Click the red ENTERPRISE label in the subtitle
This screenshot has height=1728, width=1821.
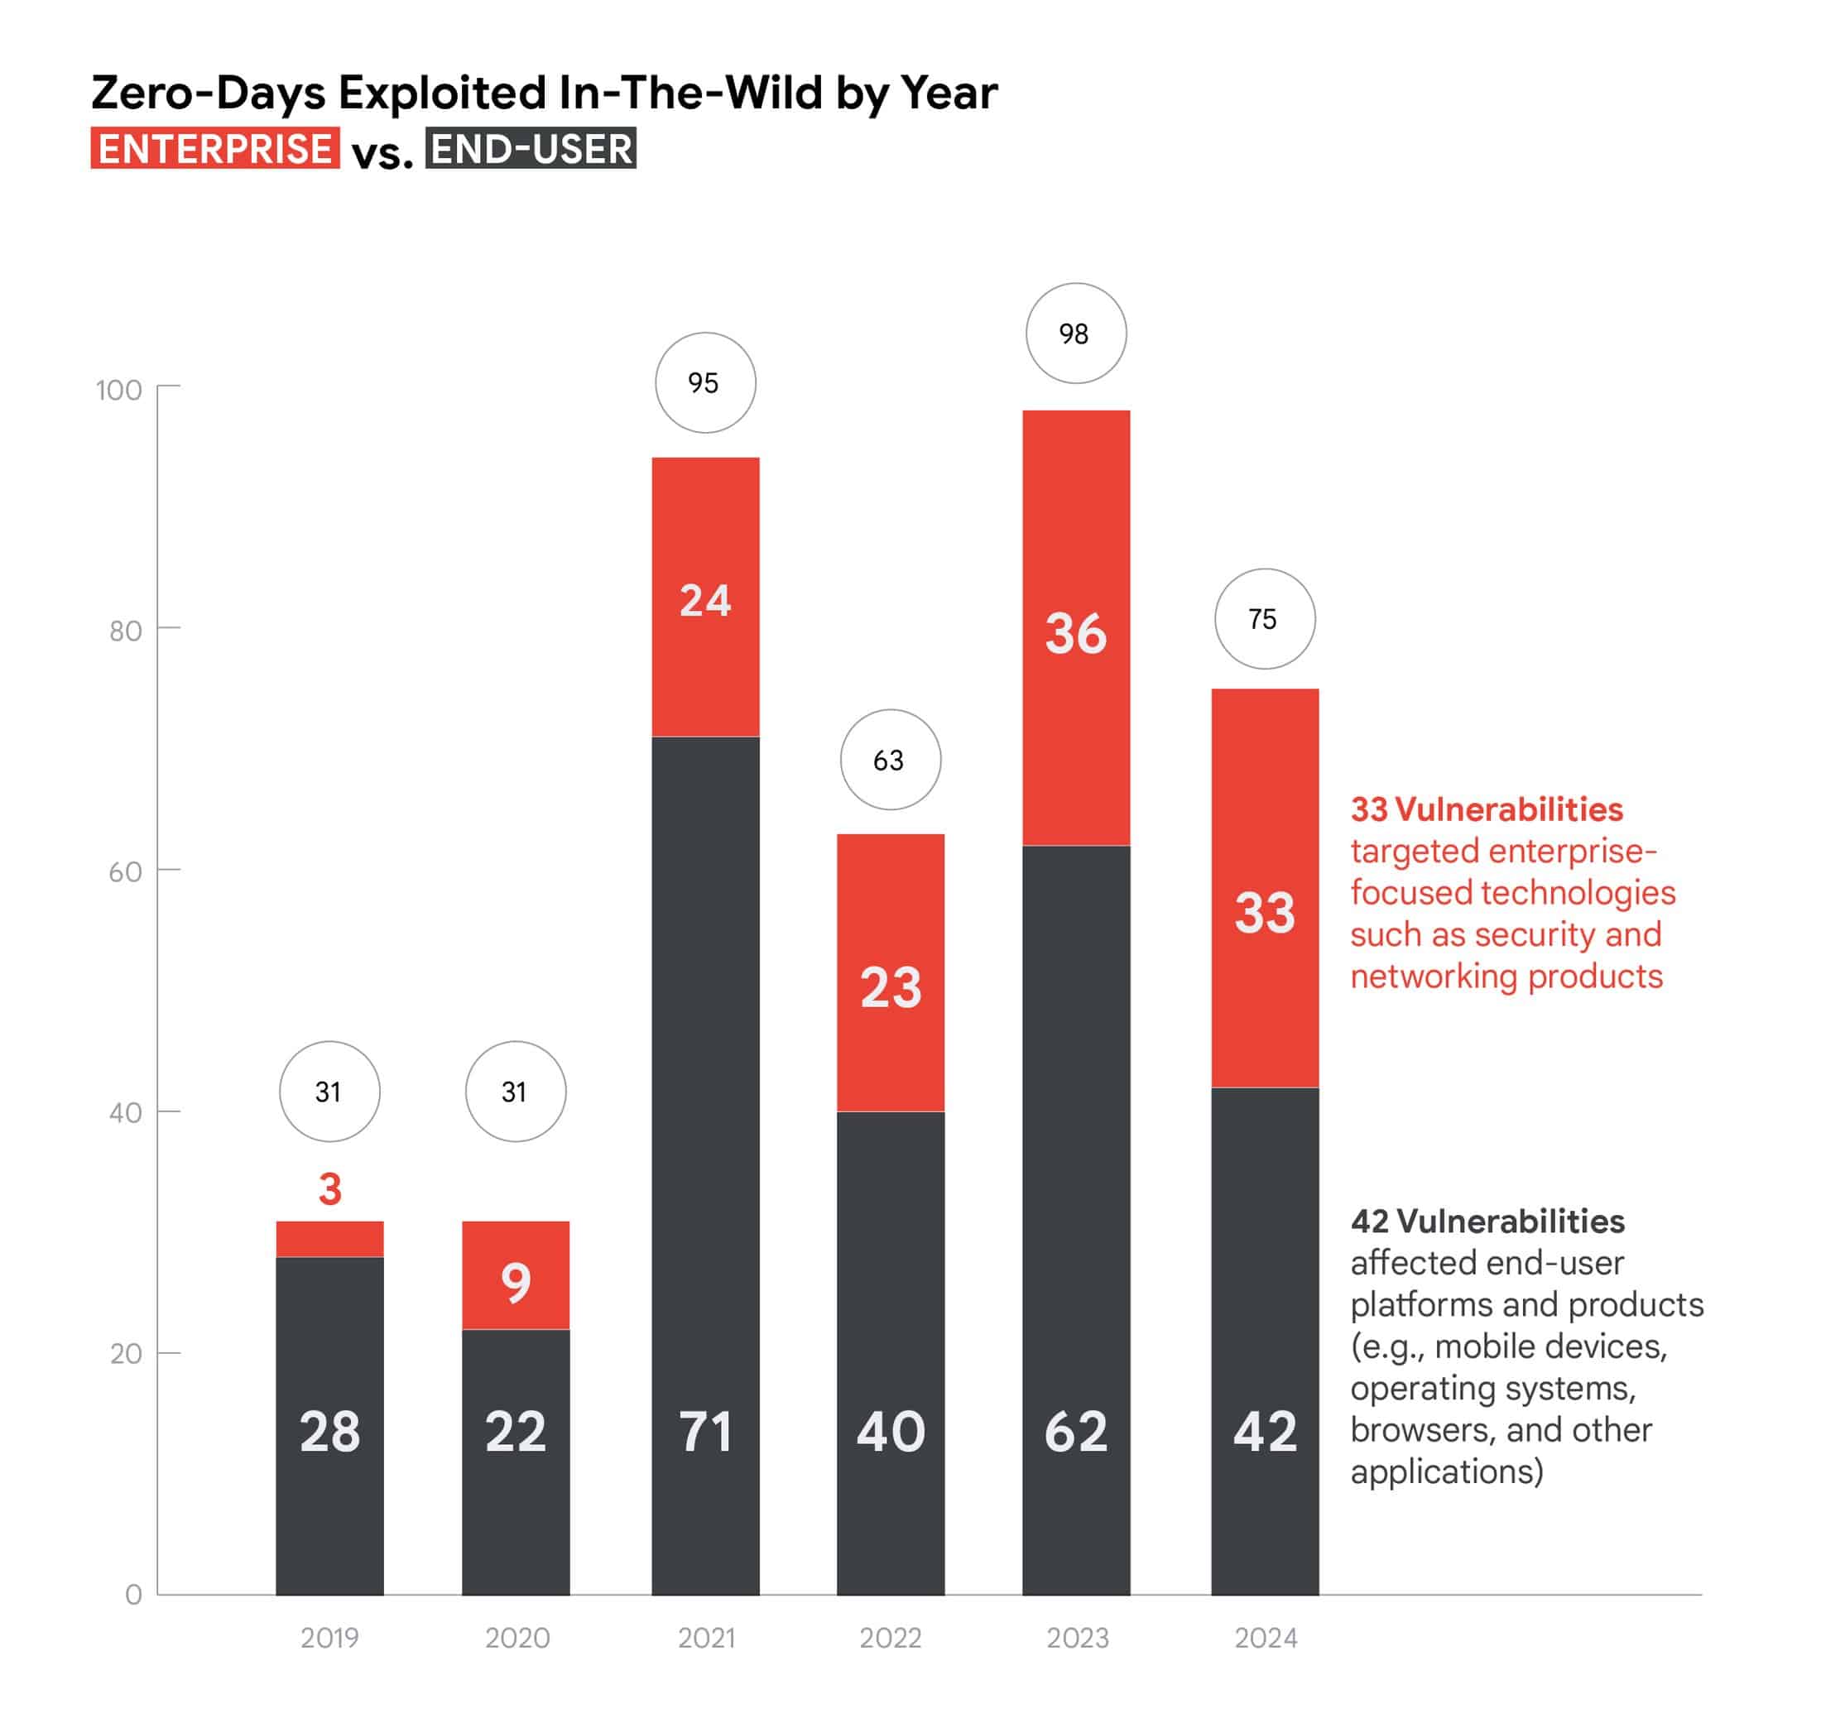tap(214, 149)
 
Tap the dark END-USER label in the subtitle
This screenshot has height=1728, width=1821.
tap(531, 149)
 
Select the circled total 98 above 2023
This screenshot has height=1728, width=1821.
tap(1075, 334)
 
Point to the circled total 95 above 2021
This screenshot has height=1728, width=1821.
tap(704, 383)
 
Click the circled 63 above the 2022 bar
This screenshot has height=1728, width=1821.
tap(890, 760)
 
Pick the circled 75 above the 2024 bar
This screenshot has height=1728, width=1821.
tap(1264, 619)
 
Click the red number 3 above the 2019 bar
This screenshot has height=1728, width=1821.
tap(329, 1188)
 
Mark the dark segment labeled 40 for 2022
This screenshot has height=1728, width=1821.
tap(890, 1336)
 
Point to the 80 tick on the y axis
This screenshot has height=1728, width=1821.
tap(125, 631)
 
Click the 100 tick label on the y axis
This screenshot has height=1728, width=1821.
tap(119, 390)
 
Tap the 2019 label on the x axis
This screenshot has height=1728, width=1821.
tap(329, 1638)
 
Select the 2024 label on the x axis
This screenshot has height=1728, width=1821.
tap(1265, 1638)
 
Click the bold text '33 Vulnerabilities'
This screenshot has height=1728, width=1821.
tap(1486, 809)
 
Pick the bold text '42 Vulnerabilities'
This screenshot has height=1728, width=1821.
tap(1487, 1221)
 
